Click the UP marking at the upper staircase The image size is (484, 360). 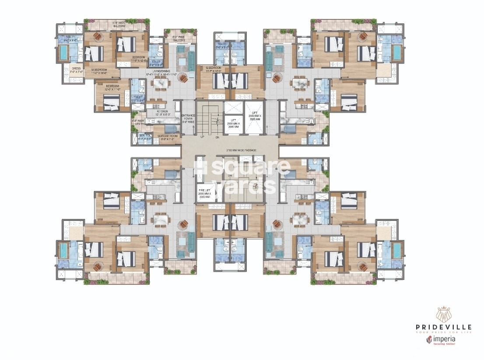(202, 137)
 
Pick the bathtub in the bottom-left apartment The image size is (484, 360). (64, 251)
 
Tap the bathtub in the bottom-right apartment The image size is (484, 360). (396, 251)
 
